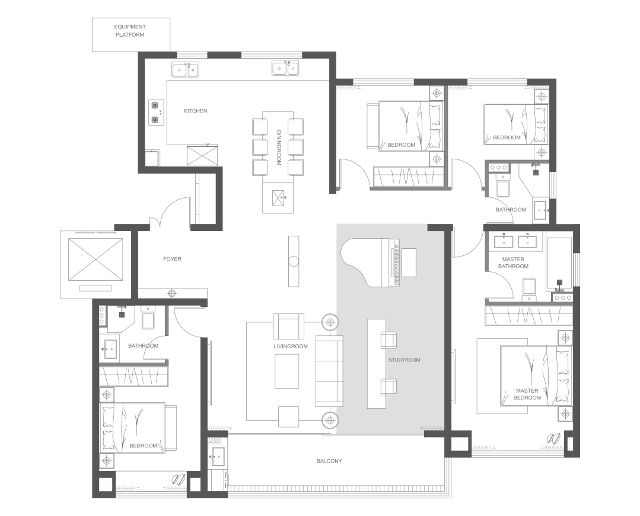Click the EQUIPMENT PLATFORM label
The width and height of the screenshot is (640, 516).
[x=130, y=31]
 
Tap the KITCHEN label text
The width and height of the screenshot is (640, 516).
[x=195, y=111]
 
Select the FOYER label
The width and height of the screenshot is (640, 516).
[x=172, y=259]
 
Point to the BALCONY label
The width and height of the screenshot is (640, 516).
[x=329, y=461]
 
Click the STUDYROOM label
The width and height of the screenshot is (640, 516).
[x=404, y=360]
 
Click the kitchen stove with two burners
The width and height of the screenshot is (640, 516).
[x=156, y=113]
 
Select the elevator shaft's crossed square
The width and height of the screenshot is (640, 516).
[x=95, y=259]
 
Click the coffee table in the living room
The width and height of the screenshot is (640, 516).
[x=286, y=371]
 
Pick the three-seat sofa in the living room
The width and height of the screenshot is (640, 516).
[x=329, y=371]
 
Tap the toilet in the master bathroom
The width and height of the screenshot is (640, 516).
[x=529, y=289]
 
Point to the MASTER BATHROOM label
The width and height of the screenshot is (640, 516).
[x=513, y=262]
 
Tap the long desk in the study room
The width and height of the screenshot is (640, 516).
[x=376, y=364]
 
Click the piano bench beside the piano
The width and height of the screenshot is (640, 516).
[x=409, y=262]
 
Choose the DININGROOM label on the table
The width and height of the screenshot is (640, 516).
[x=279, y=148]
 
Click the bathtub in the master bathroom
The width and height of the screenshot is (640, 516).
[x=559, y=262]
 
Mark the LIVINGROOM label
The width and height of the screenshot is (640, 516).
[x=291, y=347]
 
